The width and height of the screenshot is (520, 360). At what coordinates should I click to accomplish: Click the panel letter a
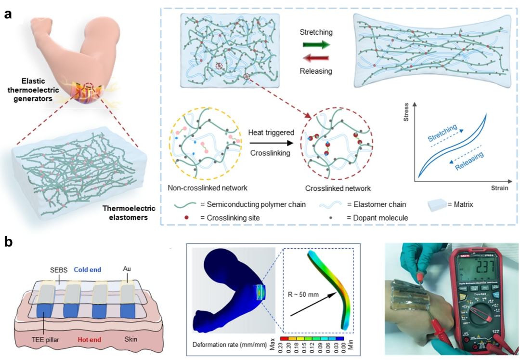(8, 14)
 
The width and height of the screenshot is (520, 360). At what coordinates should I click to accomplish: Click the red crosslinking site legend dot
(186, 217)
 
